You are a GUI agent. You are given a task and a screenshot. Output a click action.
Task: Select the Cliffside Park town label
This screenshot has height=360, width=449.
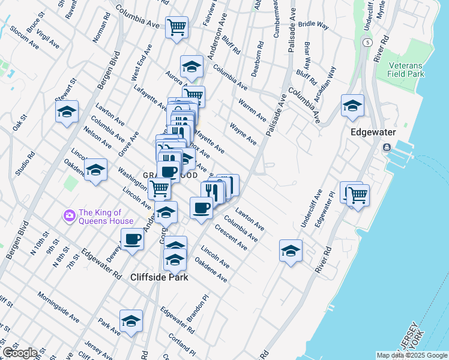(159, 277)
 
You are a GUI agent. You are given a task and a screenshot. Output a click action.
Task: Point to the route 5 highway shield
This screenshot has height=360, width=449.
(366, 42)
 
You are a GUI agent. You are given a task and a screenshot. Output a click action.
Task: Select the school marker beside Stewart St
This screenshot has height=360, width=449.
(67, 111)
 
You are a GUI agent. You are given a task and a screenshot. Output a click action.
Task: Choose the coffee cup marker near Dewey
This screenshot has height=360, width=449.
(132, 239)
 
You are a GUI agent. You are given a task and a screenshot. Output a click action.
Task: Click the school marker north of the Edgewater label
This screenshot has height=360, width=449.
(352, 105)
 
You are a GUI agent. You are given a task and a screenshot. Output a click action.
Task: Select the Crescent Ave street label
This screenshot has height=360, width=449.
(231, 238)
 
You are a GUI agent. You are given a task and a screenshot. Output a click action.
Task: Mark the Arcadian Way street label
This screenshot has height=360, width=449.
(330, 77)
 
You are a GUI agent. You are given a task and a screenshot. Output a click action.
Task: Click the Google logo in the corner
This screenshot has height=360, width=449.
(19, 353)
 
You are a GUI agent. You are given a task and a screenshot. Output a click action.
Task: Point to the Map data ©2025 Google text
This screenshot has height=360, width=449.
(411, 355)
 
